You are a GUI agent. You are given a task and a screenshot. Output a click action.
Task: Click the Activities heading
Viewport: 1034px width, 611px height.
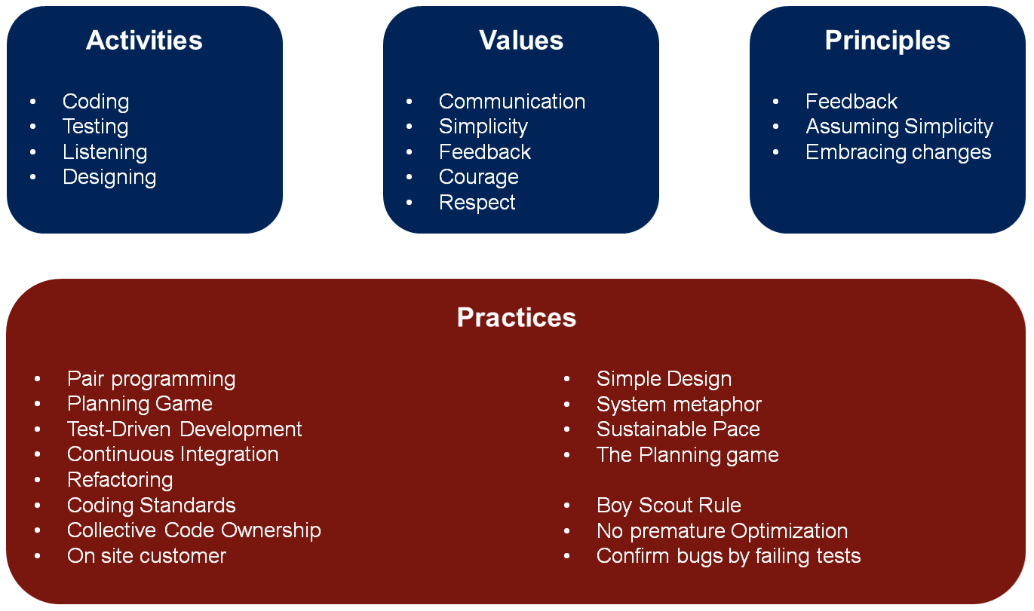click(144, 41)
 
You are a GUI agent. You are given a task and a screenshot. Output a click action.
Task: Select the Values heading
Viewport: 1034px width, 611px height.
click(521, 41)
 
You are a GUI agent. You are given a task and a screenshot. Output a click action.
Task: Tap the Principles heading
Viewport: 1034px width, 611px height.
click(887, 41)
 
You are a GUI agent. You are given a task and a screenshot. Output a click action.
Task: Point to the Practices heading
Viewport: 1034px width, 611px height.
click(517, 318)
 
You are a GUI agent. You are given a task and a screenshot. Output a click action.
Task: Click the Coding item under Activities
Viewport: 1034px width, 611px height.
click(96, 102)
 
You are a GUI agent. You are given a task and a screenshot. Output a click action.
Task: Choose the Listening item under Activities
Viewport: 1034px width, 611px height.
click(105, 152)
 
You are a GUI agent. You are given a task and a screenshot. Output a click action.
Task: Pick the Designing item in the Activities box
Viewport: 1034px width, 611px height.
click(109, 178)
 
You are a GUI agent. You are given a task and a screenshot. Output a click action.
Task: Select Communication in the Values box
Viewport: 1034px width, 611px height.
click(512, 102)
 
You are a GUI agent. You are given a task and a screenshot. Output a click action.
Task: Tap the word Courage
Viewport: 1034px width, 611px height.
click(479, 178)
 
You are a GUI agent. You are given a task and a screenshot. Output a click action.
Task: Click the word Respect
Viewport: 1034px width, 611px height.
click(477, 203)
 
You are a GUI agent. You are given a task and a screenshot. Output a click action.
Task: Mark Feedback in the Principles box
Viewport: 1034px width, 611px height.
click(851, 102)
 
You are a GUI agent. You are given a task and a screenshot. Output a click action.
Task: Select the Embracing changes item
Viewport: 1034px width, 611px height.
click(898, 152)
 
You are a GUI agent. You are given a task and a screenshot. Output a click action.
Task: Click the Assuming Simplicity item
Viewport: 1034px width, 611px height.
click(899, 127)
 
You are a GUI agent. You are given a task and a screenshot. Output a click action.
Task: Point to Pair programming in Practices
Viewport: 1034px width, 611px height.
click(152, 379)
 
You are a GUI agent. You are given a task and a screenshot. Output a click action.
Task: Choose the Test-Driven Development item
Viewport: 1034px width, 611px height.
click(185, 429)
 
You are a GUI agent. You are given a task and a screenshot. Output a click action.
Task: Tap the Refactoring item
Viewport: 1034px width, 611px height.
click(120, 480)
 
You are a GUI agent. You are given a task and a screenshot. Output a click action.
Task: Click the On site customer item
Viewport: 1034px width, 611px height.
click(147, 556)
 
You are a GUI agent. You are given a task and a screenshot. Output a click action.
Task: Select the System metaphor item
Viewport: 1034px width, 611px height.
click(679, 405)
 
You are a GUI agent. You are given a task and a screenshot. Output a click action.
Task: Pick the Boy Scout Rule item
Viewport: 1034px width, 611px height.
click(669, 506)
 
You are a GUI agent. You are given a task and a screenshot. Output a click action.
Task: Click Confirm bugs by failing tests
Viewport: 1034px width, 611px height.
click(729, 556)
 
